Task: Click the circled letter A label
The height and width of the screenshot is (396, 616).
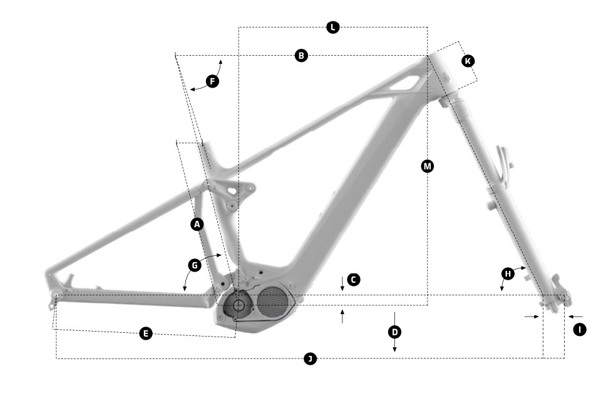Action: point(197,225)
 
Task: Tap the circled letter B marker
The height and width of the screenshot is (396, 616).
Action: point(301,56)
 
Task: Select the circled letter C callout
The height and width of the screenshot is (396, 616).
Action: point(354,280)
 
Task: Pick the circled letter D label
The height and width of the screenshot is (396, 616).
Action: point(395,332)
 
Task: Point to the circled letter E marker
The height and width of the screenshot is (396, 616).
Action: point(146,334)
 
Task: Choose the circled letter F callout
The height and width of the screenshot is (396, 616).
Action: point(213,81)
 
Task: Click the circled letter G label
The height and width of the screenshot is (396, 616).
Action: point(195,265)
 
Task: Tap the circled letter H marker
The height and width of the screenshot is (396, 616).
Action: point(508,273)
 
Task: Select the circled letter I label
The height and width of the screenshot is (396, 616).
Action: point(580,330)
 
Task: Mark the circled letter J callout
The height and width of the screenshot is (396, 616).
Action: point(311,358)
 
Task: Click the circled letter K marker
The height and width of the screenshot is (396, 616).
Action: point(468,61)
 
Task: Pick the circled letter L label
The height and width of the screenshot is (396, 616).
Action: point(333,28)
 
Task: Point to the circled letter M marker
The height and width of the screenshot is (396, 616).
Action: point(428,166)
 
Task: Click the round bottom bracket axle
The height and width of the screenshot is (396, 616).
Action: point(238,305)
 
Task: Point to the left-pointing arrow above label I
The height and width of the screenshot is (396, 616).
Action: point(575,317)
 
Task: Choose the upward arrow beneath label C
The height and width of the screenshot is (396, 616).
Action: point(342,317)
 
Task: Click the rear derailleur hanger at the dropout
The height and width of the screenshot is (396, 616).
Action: point(51,303)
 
